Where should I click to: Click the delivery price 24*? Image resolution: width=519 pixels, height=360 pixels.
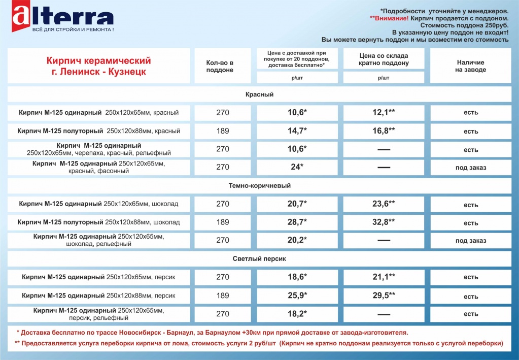click(297, 167)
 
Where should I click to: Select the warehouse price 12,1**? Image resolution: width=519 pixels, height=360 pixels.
click(384, 112)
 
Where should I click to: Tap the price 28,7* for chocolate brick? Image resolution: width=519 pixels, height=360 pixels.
click(297, 222)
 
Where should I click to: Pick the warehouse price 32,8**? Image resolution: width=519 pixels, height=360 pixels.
click(384, 222)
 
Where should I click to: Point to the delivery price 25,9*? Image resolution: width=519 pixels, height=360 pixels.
click(297, 296)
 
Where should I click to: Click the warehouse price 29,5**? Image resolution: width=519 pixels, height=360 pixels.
click(384, 296)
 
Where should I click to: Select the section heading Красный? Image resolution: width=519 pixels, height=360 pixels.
click(259, 94)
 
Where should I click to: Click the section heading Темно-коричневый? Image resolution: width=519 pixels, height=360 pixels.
click(259, 186)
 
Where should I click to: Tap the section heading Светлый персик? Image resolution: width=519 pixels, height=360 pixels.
click(259, 259)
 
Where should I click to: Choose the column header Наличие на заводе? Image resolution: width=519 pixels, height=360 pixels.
click(470, 66)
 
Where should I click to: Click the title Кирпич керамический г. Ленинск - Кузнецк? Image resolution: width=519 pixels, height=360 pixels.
click(98, 67)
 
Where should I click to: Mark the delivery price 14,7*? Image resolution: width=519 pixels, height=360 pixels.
click(297, 131)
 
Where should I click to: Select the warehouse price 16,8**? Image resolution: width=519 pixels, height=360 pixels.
click(384, 131)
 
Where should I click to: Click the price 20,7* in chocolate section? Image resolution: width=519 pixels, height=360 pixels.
click(297, 204)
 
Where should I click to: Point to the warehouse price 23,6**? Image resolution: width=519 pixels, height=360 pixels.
click(384, 204)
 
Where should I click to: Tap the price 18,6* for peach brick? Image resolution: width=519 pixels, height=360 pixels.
click(297, 277)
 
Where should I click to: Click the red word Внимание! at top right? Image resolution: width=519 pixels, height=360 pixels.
click(389, 18)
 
